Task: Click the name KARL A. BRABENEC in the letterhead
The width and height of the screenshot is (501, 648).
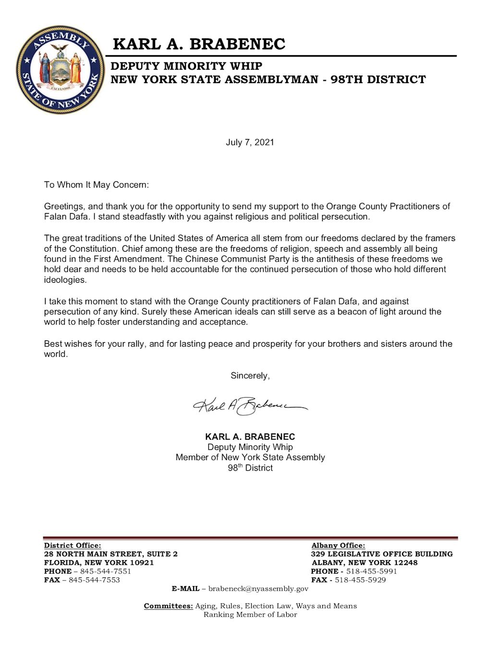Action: [199, 44]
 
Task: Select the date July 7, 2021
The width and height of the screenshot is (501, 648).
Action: [250, 142]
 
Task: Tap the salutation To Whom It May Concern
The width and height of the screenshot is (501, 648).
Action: [97, 185]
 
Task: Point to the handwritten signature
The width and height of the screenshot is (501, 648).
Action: [250, 407]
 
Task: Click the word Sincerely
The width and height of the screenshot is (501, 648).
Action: [250, 376]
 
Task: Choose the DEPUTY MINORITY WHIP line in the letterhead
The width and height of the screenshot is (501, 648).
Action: [186, 66]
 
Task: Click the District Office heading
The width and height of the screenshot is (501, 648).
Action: [73, 545]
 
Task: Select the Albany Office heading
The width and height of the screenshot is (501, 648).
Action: [338, 545]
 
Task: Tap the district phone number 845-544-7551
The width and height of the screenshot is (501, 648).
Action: [105, 571]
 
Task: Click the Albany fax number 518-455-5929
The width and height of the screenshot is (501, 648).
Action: [360, 580]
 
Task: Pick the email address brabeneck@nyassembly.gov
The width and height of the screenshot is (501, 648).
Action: [258, 588]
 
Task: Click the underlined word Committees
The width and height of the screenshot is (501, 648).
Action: [168, 606]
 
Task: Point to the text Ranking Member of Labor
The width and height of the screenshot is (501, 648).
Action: [250, 614]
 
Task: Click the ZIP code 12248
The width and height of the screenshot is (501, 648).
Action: [405, 563]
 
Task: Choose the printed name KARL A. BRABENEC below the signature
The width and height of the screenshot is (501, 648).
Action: [250, 437]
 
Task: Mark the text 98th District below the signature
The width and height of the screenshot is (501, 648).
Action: [250, 468]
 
